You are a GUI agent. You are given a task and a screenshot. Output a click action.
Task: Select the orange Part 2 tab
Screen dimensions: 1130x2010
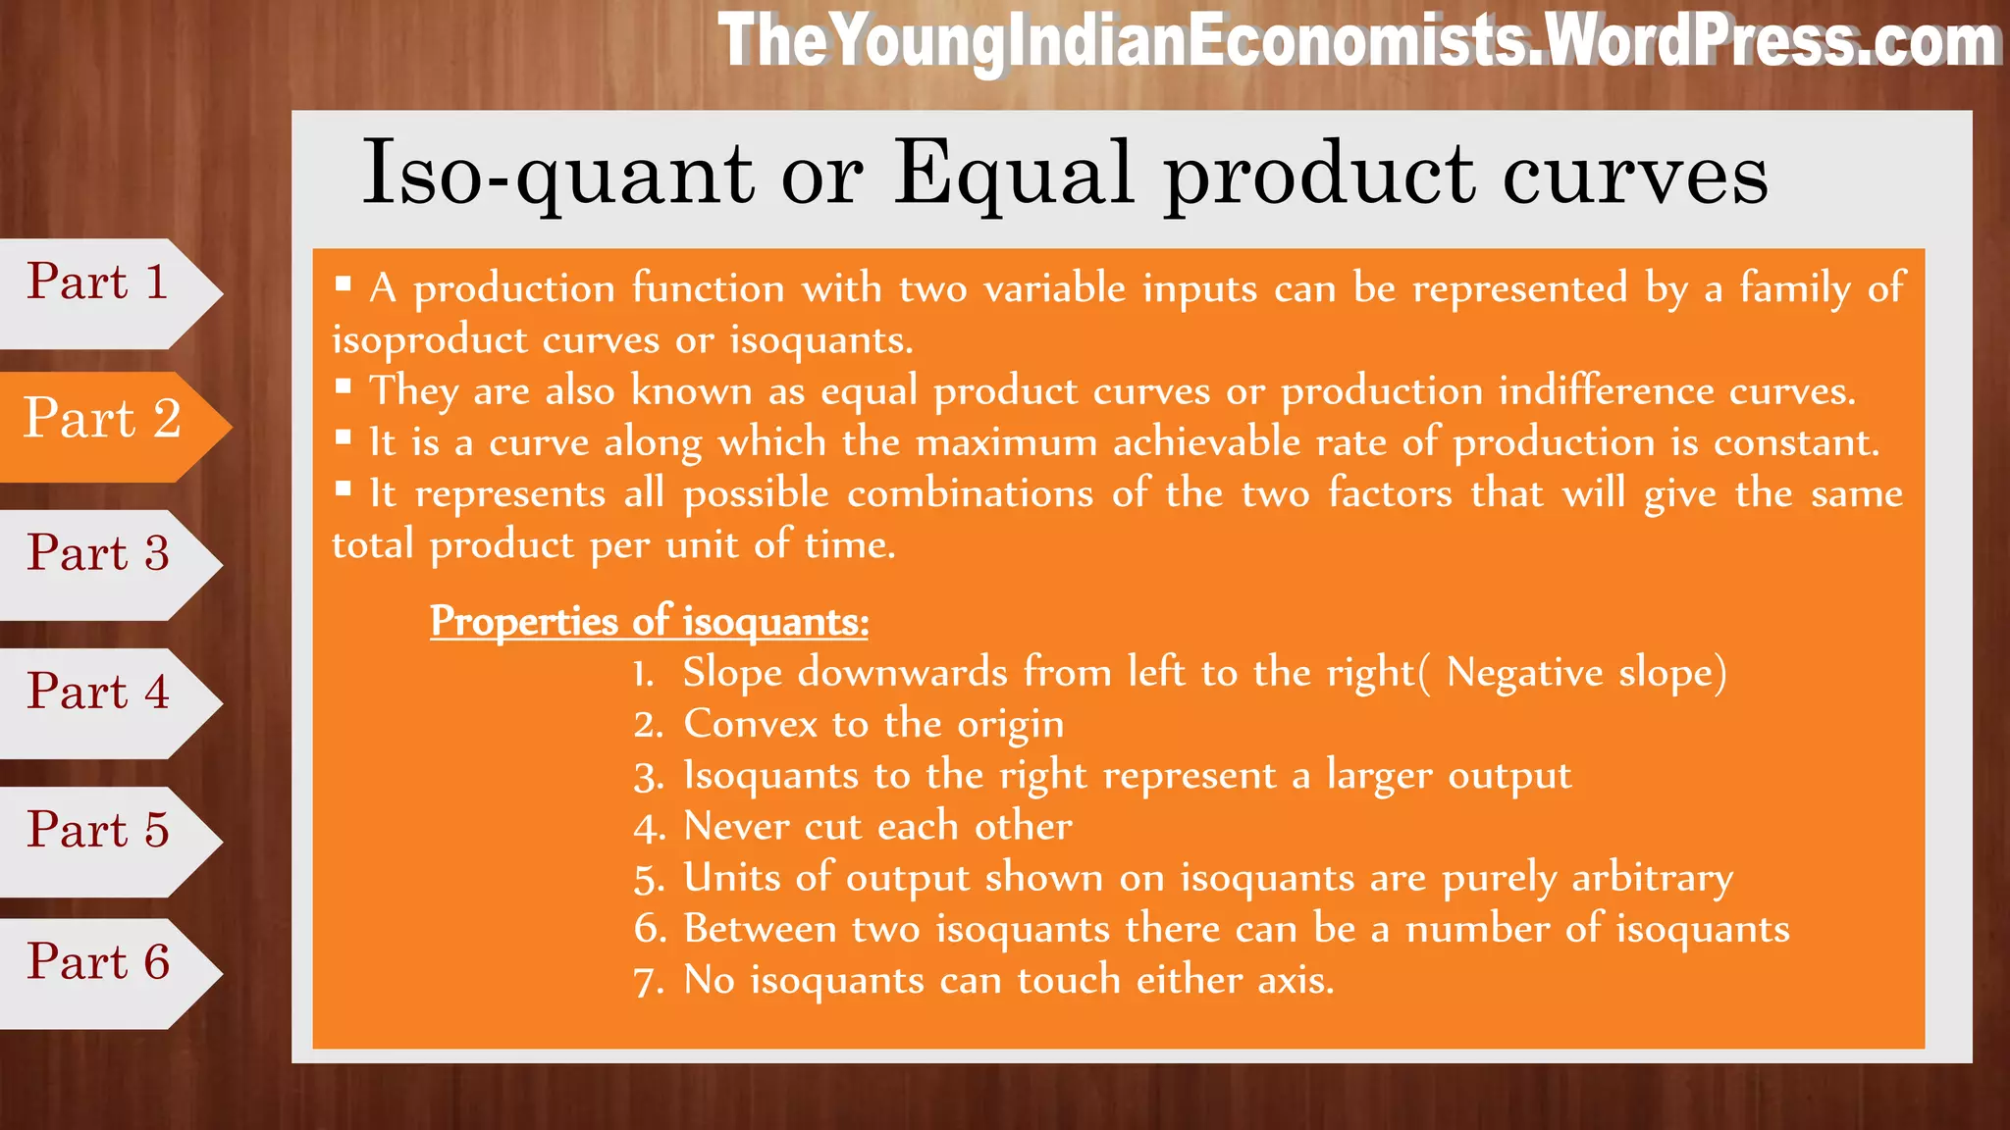pos(103,420)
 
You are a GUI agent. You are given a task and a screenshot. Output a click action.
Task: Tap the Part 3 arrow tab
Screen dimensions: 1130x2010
pos(98,554)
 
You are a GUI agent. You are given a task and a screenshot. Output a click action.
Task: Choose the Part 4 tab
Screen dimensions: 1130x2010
pos(98,693)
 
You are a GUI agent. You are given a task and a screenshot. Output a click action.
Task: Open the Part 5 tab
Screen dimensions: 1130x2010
pos(98,831)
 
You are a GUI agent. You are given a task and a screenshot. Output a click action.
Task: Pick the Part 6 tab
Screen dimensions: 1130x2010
pos(98,963)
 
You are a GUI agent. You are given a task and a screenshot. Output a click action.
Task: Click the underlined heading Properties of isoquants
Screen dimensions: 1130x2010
pos(649,622)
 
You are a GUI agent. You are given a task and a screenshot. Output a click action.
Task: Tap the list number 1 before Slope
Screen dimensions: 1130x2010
pos(643,675)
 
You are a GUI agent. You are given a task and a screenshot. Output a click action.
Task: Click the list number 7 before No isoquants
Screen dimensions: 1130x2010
pos(649,982)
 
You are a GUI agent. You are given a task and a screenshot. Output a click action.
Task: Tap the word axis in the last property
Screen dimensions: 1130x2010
pos(1296,981)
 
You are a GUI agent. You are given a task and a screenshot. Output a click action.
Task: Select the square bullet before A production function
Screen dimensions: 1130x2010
pos(343,284)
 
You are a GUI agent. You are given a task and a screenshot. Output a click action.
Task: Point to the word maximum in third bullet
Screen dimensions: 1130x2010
pos(1006,442)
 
